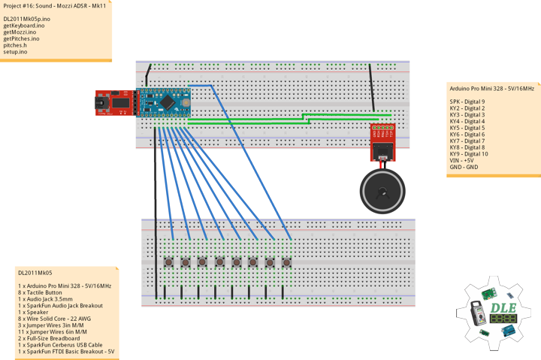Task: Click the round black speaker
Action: pyautogui.click(x=382, y=191)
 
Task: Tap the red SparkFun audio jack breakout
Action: pyautogui.click(x=382, y=142)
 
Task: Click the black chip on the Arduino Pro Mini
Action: pyautogui.click(x=168, y=102)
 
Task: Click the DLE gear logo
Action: pyautogui.click(x=493, y=313)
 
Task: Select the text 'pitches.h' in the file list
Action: pyautogui.click(x=15, y=45)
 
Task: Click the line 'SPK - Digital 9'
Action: pyautogui.click(x=467, y=101)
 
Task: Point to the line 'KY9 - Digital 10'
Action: pyautogui.click(x=469, y=154)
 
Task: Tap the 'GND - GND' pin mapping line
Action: pyautogui.click(x=464, y=167)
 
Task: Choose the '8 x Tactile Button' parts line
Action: pyautogui.click(x=40, y=292)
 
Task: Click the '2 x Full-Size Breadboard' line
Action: pyautogui.click(x=49, y=338)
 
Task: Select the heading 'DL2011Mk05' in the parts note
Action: pyautogui.click(x=35, y=273)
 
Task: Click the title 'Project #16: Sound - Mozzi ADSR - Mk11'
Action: pyautogui.click(x=55, y=6)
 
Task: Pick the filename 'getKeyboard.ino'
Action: pyautogui.click(x=24, y=26)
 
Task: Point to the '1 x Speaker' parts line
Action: pyautogui.click(x=33, y=312)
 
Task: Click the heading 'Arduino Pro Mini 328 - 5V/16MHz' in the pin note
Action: pyautogui.click(x=492, y=89)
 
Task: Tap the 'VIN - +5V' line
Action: pyautogui.click(x=461, y=161)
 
